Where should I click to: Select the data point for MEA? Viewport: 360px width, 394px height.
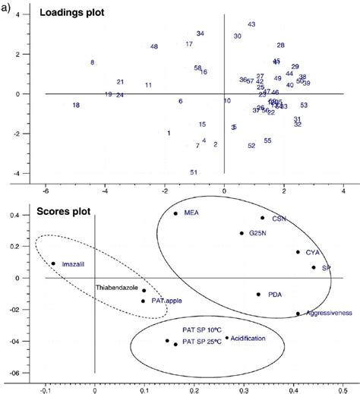(175, 213)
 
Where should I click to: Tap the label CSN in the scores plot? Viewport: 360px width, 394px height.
(279, 218)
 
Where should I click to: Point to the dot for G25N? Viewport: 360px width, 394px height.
(242, 233)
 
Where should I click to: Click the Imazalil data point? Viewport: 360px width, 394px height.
(53, 263)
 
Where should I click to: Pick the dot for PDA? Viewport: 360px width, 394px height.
(258, 294)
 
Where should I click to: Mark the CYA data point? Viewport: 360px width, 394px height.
(298, 252)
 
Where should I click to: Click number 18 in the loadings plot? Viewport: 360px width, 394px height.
(76, 106)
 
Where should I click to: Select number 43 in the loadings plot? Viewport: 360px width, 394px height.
(251, 25)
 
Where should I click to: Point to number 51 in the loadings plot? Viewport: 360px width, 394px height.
(194, 172)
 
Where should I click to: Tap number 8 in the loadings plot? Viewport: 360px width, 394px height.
(92, 62)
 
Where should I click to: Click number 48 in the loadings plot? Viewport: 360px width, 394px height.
(154, 47)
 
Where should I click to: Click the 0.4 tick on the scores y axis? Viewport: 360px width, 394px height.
(34, 215)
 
